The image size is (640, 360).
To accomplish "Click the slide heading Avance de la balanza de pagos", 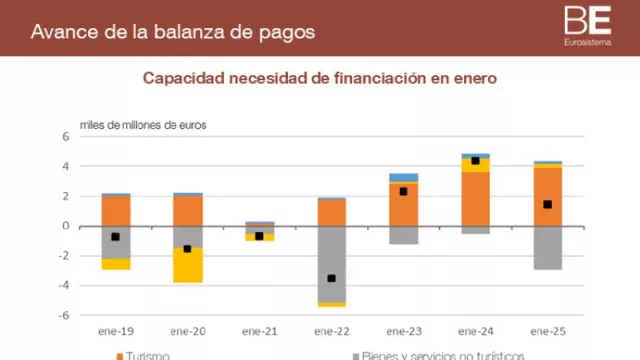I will click(x=173, y=31).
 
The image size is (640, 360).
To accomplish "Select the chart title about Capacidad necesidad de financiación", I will click(x=319, y=78).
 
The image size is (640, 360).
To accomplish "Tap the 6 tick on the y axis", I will click(x=65, y=136).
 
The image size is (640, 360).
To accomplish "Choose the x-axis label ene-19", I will click(x=116, y=330).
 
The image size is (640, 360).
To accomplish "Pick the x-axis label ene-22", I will click(x=331, y=330).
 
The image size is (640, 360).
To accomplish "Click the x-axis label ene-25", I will click(x=547, y=330).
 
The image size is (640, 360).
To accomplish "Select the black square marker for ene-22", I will click(x=331, y=278).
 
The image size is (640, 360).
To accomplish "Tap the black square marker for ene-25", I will click(x=547, y=204).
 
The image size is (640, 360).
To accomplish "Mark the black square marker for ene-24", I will click(x=475, y=160).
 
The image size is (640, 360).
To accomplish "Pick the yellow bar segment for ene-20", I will click(x=188, y=265).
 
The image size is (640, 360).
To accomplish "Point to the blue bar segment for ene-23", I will click(x=403, y=177).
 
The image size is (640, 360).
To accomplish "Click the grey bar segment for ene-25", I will click(x=547, y=247).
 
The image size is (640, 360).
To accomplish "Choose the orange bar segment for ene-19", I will click(x=116, y=210).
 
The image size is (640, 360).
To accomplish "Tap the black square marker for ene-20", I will click(x=187, y=248).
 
